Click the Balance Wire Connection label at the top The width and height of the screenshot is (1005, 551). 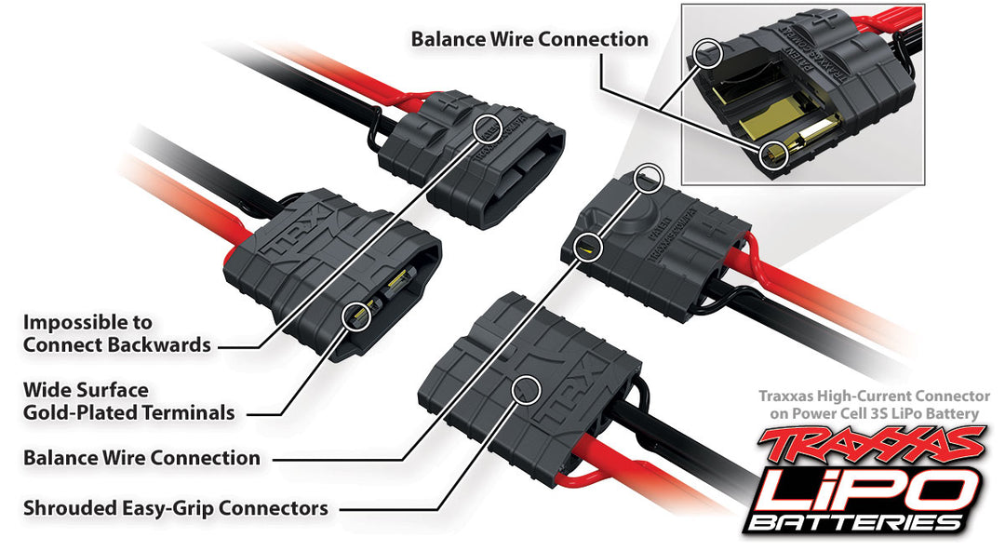pyautogui.click(x=529, y=40)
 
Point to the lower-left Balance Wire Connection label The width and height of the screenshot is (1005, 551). pyautogui.click(x=141, y=458)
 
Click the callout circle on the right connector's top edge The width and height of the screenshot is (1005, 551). pyautogui.click(x=650, y=175)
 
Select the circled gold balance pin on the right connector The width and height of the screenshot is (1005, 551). pyautogui.click(x=586, y=247)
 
